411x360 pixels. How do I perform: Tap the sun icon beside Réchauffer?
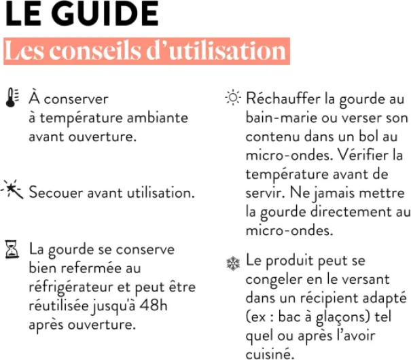[233, 99]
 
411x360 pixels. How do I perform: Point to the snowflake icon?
[233, 262]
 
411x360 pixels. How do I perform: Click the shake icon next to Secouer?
[13, 190]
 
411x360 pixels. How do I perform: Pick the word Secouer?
[56, 192]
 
